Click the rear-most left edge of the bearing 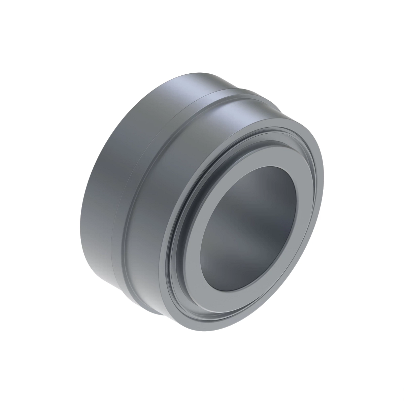click(82, 215)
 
